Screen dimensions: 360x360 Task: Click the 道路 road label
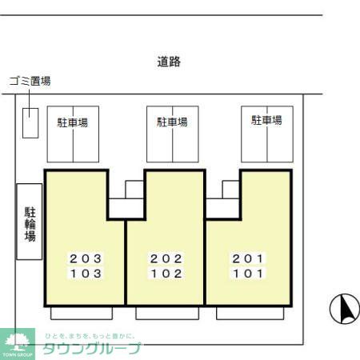coord(168,62)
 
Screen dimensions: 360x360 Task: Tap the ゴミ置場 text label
coord(30,81)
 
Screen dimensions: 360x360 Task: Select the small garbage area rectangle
coord(30,122)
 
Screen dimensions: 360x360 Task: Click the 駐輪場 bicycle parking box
coord(30,221)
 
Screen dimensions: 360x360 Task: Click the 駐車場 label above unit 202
coord(172,122)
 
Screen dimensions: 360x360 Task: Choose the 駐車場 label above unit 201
coord(266,120)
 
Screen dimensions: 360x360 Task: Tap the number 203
coord(85,258)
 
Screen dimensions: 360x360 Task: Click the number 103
coord(85,273)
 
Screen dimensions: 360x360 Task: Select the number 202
coord(166,258)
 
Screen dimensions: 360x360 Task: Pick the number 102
coord(166,273)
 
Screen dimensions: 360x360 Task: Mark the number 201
coord(247,258)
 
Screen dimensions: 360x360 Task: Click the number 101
coord(247,273)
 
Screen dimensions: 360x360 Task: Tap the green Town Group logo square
coord(18,342)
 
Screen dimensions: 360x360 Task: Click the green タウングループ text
coord(92,348)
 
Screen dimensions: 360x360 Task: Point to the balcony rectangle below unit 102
coord(166,312)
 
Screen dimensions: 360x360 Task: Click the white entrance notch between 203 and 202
coord(126,202)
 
